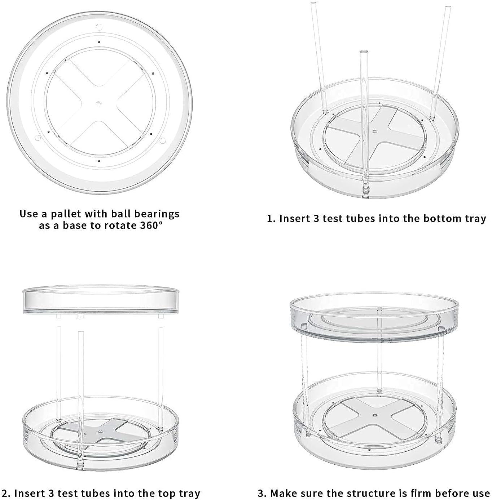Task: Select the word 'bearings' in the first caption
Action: [157, 214]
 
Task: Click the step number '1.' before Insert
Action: [271, 219]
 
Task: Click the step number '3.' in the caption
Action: [262, 493]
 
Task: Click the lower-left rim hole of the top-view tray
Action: [37, 138]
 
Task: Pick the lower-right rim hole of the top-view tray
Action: [162, 140]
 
